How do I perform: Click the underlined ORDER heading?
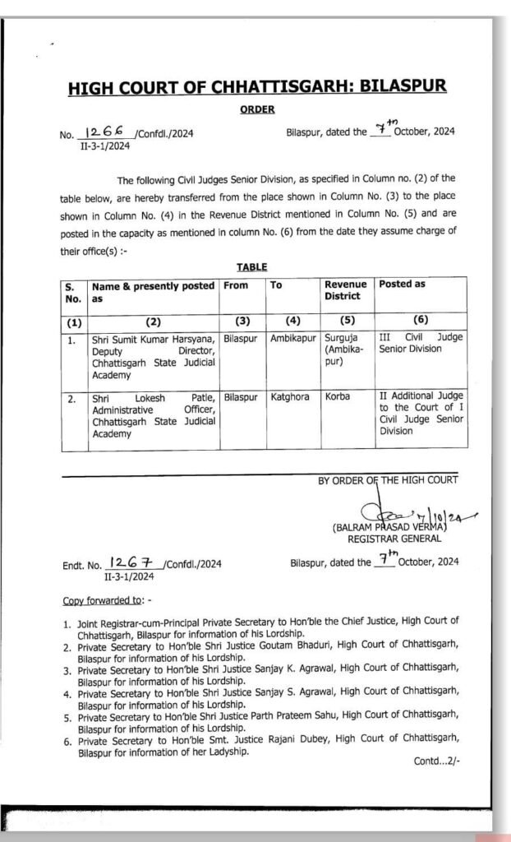257,109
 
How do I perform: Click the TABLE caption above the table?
251,267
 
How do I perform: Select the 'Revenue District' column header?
345,290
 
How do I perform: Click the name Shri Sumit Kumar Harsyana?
153,337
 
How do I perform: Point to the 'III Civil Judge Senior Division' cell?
421,343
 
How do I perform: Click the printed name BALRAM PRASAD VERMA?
389,527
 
